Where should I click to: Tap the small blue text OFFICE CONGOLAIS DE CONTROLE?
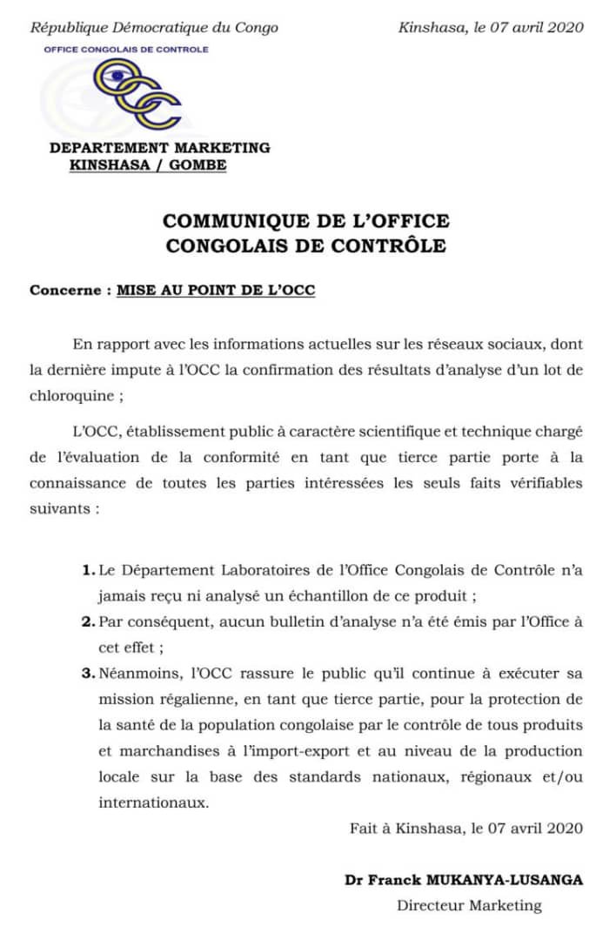point(126,50)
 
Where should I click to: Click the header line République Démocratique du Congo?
point(155,27)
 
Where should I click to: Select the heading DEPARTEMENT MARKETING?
point(160,148)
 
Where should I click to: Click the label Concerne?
point(65,291)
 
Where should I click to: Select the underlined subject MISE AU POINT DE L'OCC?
point(216,291)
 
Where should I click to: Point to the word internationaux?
point(153,802)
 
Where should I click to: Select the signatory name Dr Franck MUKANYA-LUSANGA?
point(464,880)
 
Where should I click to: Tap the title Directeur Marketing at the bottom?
point(469,905)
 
